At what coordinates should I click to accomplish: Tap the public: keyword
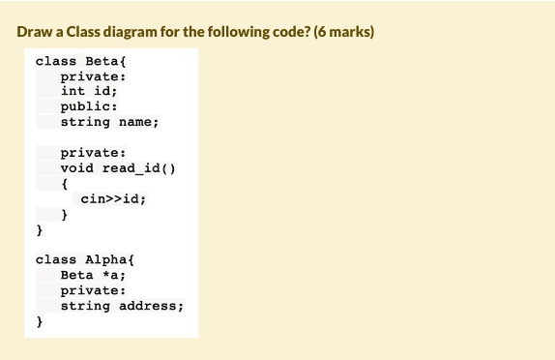(89, 106)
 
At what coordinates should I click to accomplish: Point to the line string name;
(109, 122)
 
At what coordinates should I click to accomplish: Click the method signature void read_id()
(117, 168)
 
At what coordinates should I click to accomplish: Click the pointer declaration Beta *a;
(93, 275)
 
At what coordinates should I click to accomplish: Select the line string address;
(122, 306)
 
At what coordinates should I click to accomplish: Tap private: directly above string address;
(93, 290)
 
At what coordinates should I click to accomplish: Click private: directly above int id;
(93, 75)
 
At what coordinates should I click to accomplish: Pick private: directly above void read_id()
(93, 153)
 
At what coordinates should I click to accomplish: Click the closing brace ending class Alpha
(40, 321)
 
